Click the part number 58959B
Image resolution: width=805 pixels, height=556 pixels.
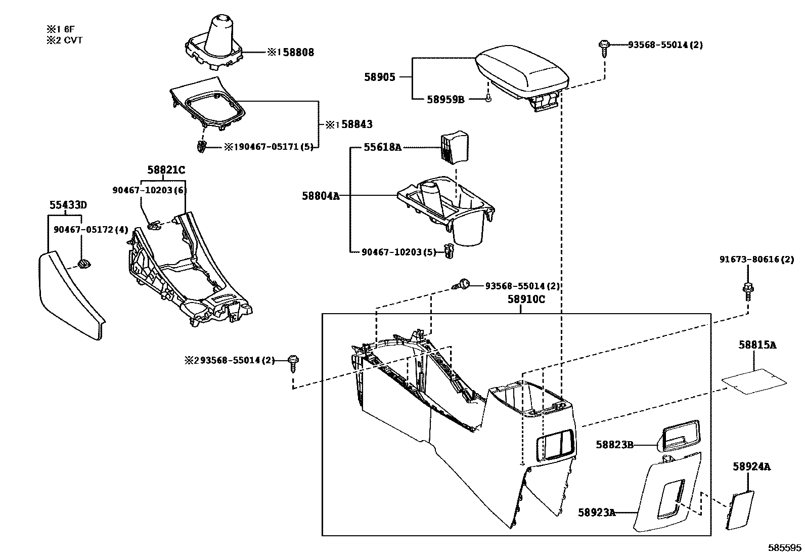[x=445, y=100]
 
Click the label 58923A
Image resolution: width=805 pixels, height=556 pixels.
[x=597, y=512]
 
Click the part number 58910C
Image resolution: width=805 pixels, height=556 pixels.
[x=526, y=299]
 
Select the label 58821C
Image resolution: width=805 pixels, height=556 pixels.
[x=166, y=170]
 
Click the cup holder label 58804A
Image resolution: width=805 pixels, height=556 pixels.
[x=321, y=195]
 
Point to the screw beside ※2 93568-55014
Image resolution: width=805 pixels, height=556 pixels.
[x=293, y=361]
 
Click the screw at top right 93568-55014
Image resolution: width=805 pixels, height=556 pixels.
[x=604, y=46]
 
